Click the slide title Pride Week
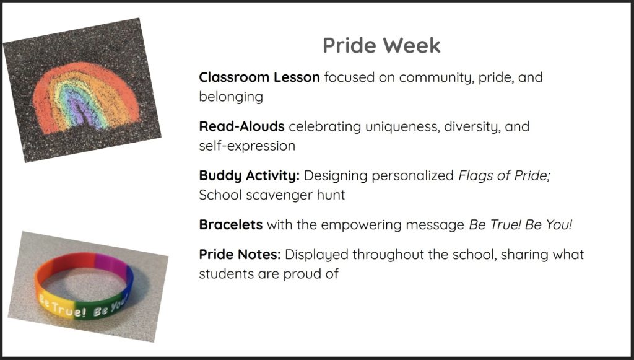381,45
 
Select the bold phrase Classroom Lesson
259,77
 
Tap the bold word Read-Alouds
242,126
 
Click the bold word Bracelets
230,224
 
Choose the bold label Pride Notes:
240,255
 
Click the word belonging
231,97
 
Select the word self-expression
247,146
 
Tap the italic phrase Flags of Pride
503,176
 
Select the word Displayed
316,255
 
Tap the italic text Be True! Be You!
521,224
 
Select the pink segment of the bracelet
108,261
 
